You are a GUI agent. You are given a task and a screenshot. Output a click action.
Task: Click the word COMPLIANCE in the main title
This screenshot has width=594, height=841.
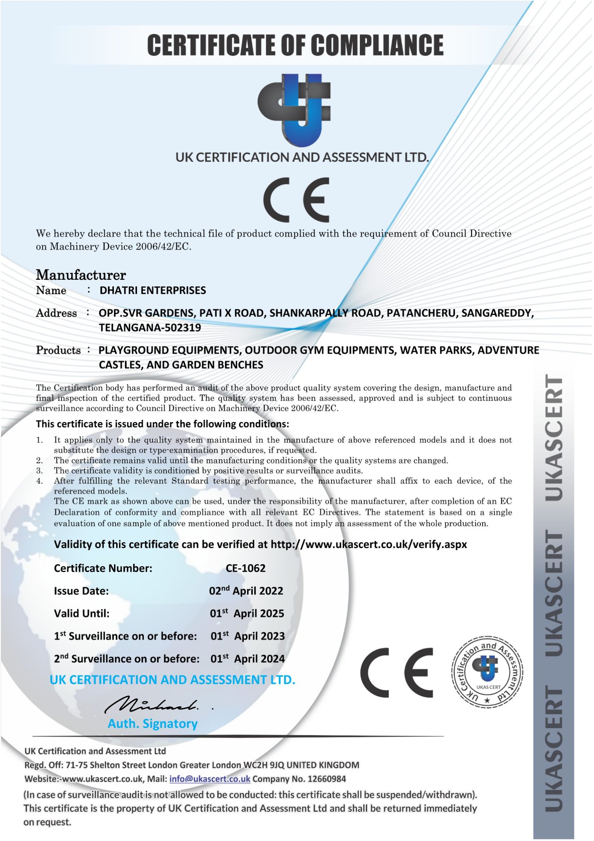pos(377,45)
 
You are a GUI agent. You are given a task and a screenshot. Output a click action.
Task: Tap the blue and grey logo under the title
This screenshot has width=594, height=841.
pos(294,110)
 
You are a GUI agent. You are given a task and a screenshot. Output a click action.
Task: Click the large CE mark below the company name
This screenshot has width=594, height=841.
pos(296,199)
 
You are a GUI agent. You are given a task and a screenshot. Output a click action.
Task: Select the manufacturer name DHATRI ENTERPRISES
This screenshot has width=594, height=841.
pos(153,290)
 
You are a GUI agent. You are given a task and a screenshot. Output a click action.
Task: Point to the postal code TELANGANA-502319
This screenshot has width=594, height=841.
pos(150,328)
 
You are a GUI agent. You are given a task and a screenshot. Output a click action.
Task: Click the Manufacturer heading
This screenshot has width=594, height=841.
pos(81,275)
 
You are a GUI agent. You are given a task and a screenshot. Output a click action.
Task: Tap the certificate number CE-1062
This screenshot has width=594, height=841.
pos(245,568)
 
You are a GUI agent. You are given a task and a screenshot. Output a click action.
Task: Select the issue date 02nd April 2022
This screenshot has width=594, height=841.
pos(246,591)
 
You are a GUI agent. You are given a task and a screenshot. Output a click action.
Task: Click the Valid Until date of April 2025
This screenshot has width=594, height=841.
pos(247,614)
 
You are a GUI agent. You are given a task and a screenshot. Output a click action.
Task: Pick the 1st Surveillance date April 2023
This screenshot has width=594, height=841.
pos(247,636)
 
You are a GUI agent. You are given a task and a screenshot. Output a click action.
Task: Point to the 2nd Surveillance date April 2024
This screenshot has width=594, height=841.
pos(247,659)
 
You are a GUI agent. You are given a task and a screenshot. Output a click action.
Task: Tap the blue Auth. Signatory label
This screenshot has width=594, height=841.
pos(152,724)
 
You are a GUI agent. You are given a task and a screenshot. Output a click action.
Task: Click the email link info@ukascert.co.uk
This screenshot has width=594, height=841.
pos(209,779)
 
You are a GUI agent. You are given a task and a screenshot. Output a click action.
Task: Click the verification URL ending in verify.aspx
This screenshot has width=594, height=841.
pos(368,545)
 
